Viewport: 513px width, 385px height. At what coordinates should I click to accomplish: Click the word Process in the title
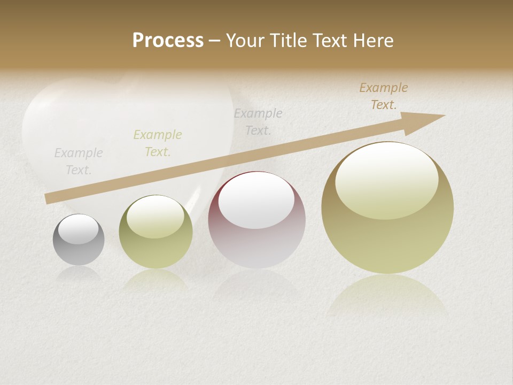pos(168,40)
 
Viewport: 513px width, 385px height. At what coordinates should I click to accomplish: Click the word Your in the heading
pos(246,40)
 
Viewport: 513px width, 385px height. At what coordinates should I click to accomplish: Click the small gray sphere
pos(79,240)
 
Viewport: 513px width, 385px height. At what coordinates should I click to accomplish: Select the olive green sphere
pos(156,232)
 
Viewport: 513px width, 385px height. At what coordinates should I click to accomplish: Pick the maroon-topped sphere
pos(256,220)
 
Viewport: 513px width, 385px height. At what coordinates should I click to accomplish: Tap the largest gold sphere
pos(387,208)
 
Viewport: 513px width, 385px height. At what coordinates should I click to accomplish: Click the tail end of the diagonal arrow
pos(47,199)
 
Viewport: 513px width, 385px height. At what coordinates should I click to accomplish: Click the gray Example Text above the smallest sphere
pos(79,161)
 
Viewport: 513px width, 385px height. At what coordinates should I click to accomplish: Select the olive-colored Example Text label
pos(158,143)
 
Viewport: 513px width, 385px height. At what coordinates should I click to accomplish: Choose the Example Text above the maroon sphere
pos(258,122)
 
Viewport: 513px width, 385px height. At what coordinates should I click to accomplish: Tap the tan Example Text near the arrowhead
pos(384,96)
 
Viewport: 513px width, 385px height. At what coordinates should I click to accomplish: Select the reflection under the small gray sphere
pos(79,274)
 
